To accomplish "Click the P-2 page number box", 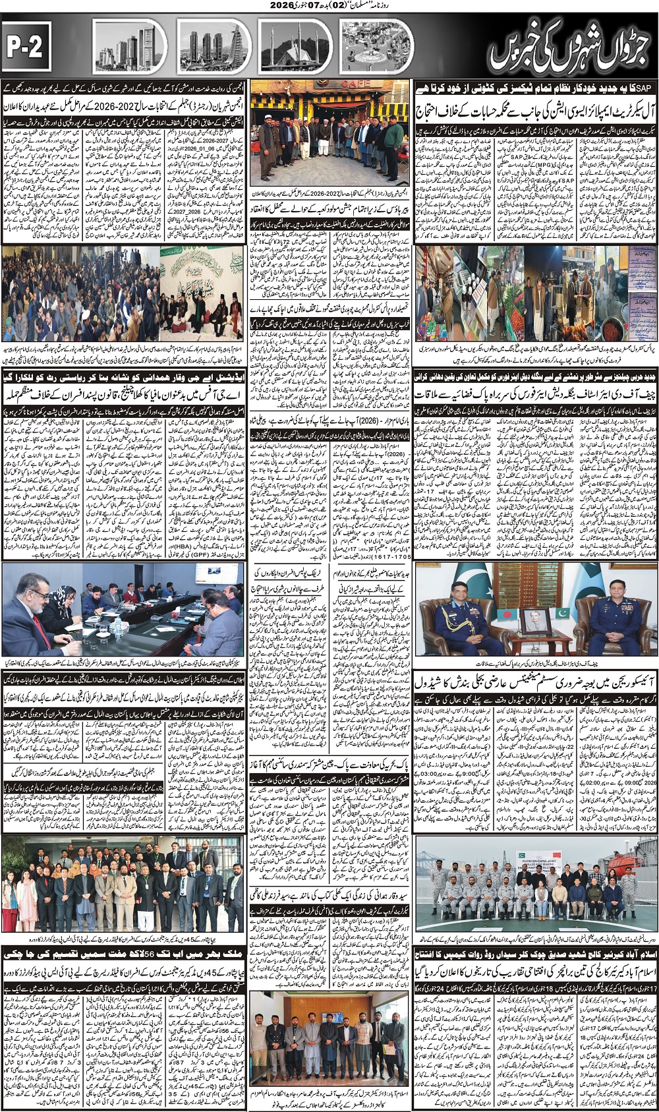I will pos(26,47).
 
